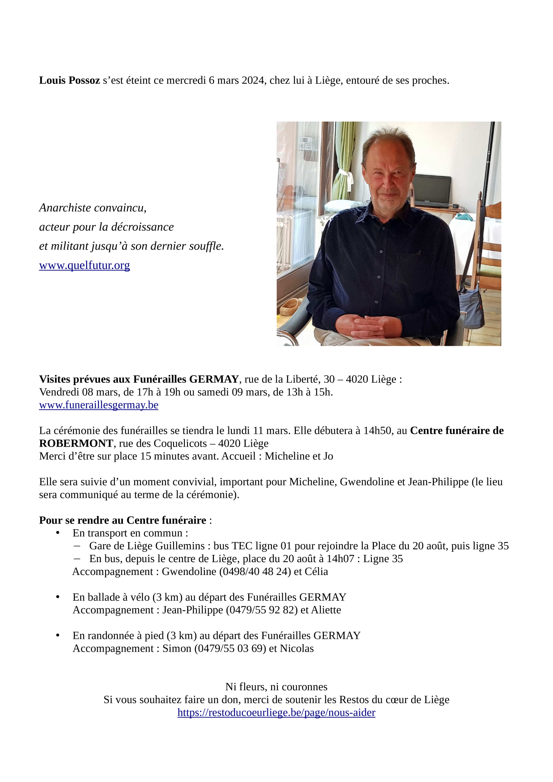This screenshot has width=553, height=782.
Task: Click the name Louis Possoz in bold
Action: pos(69,81)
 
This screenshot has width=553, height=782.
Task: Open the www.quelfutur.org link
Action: pos(84,266)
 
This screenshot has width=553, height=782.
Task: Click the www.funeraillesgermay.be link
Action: pos(98,405)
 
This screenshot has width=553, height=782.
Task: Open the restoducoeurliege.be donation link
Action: pos(276,713)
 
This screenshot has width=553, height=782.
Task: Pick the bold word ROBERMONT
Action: pos(76,444)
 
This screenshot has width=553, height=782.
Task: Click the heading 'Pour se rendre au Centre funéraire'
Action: pos(122,520)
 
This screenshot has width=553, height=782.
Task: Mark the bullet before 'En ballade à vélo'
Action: pos(58,597)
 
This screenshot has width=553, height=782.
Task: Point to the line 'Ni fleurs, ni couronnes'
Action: pos(276,687)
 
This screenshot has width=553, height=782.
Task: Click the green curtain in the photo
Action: pos(345,160)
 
